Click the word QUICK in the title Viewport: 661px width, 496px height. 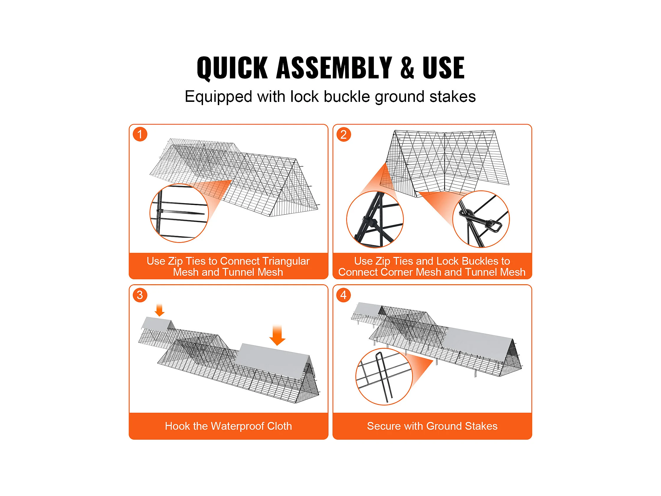pyautogui.click(x=232, y=68)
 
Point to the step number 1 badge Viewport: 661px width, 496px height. pyautogui.click(x=140, y=134)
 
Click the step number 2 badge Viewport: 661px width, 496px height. pyautogui.click(x=344, y=134)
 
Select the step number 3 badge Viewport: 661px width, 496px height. pyautogui.click(x=140, y=295)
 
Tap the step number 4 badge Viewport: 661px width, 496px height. pyautogui.click(x=344, y=295)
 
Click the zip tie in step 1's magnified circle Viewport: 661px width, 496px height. pyautogui.click(x=181, y=212)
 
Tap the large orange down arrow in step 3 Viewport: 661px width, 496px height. pyautogui.click(x=277, y=335)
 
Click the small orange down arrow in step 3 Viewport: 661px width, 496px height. pyautogui.click(x=160, y=310)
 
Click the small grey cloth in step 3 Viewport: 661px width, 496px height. pyautogui.click(x=158, y=324)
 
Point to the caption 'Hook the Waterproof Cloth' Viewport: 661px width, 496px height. pyautogui.click(x=228, y=426)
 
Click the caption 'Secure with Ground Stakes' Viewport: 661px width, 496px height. pyautogui.click(x=432, y=426)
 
